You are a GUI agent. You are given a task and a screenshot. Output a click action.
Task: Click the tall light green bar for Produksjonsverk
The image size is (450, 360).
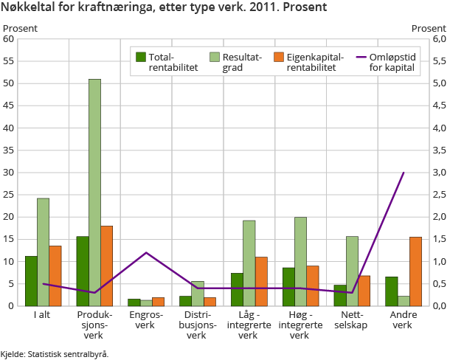(x=94, y=192)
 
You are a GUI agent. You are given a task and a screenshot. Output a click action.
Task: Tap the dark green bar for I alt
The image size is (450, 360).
(x=31, y=280)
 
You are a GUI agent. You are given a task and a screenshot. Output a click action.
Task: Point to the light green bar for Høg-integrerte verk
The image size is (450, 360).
(x=300, y=261)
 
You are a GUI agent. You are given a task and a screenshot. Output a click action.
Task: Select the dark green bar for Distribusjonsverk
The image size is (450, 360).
(x=185, y=301)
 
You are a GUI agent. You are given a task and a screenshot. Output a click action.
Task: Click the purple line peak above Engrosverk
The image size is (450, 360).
(x=146, y=252)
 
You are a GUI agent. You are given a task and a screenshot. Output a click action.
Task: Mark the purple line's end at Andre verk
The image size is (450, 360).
(x=404, y=173)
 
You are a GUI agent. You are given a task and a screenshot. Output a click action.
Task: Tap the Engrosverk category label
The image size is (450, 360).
(x=146, y=319)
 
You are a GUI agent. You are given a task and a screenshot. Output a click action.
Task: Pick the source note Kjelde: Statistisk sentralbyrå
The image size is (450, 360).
(x=55, y=354)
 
